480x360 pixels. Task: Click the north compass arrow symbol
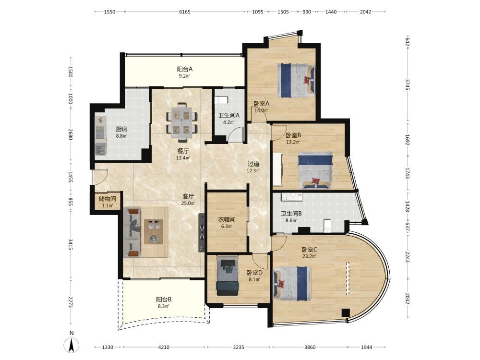coord(72,345)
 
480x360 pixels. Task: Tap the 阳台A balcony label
coord(185,69)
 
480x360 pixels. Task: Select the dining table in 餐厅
coord(182,122)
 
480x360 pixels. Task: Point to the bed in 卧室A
coord(296,81)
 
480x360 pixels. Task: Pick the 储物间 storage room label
coord(107,199)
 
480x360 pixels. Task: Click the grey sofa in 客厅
coord(132,232)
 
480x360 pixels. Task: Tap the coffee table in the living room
coord(154,231)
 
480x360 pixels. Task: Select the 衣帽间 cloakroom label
coord(227,219)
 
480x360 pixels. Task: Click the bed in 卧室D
coord(228,276)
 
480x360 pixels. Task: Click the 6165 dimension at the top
coord(185,12)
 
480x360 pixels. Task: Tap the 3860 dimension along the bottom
coord(310,347)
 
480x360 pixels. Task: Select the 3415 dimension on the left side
coord(70,244)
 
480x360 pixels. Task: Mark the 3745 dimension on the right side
coord(408,84)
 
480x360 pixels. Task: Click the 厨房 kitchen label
coord(121,129)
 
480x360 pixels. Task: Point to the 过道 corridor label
coord(253,164)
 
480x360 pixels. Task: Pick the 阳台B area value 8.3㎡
coord(164,306)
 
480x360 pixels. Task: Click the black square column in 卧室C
coord(346,312)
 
